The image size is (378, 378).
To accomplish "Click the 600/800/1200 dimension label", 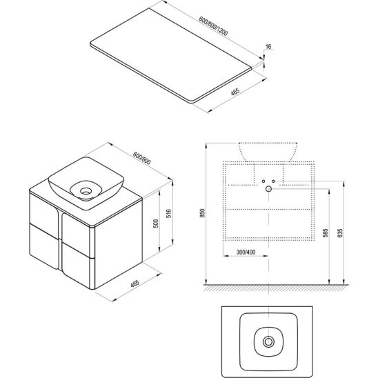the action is pyautogui.click(x=213, y=26).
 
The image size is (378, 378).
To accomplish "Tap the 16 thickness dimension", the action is pyautogui.click(x=268, y=46).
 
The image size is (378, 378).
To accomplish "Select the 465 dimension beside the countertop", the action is pyautogui.click(x=235, y=92).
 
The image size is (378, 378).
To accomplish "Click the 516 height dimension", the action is pyautogui.click(x=169, y=214).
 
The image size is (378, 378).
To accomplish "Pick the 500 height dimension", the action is pyautogui.click(x=156, y=223).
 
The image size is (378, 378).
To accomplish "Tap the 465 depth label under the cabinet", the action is pyautogui.click(x=135, y=283).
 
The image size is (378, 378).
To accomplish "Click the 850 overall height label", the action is pyautogui.click(x=203, y=213).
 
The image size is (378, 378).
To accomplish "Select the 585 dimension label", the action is pyautogui.click(x=325, y=233).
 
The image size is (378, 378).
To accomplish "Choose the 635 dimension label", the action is pyautogui.click(x=340, y=233).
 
